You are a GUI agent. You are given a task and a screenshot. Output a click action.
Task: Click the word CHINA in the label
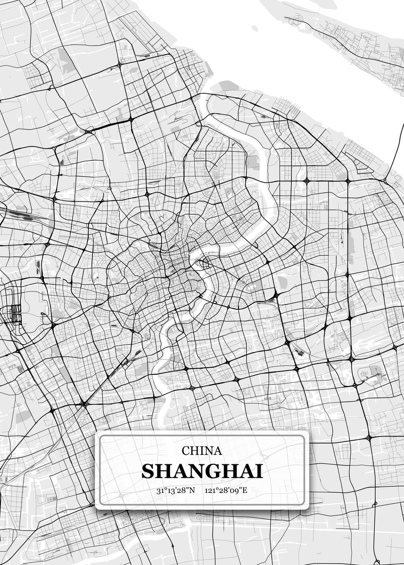202,451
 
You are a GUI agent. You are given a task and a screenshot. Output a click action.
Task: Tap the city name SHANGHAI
202,471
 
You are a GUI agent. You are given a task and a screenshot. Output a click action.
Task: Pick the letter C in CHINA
186,451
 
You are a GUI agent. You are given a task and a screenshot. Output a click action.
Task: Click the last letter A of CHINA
218,451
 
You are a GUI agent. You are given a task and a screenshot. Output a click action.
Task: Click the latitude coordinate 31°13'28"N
175,490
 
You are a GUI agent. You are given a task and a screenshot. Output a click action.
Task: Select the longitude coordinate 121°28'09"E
226,490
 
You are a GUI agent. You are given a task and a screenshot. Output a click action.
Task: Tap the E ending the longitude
244,490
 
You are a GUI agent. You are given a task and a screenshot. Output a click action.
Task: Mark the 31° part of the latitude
162,490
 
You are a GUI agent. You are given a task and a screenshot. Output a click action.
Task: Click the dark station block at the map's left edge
16,313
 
